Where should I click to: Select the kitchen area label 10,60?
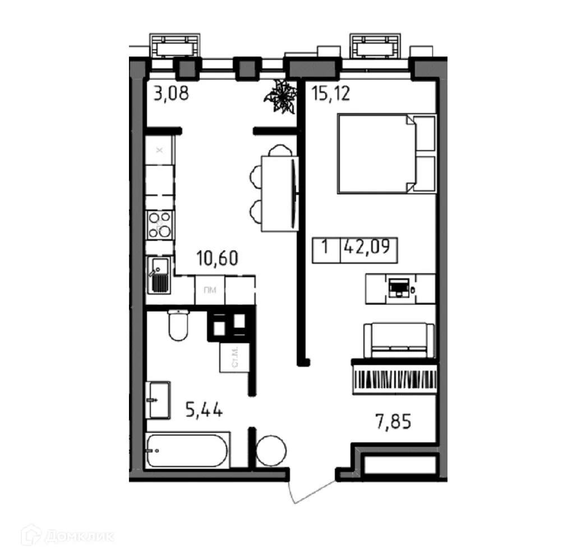click(x=217, y=259)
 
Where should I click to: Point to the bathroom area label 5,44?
click(x=204, y=412)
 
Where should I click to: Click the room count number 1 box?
click(x=325, y=247)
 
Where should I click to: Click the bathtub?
click(x=188, y=450)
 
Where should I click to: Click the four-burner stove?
click(x=160, y=226)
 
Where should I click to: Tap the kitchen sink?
click(x=160, y=276)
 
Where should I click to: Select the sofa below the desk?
click(x=399, y=339)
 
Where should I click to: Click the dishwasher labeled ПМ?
click(x=210, y=290)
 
